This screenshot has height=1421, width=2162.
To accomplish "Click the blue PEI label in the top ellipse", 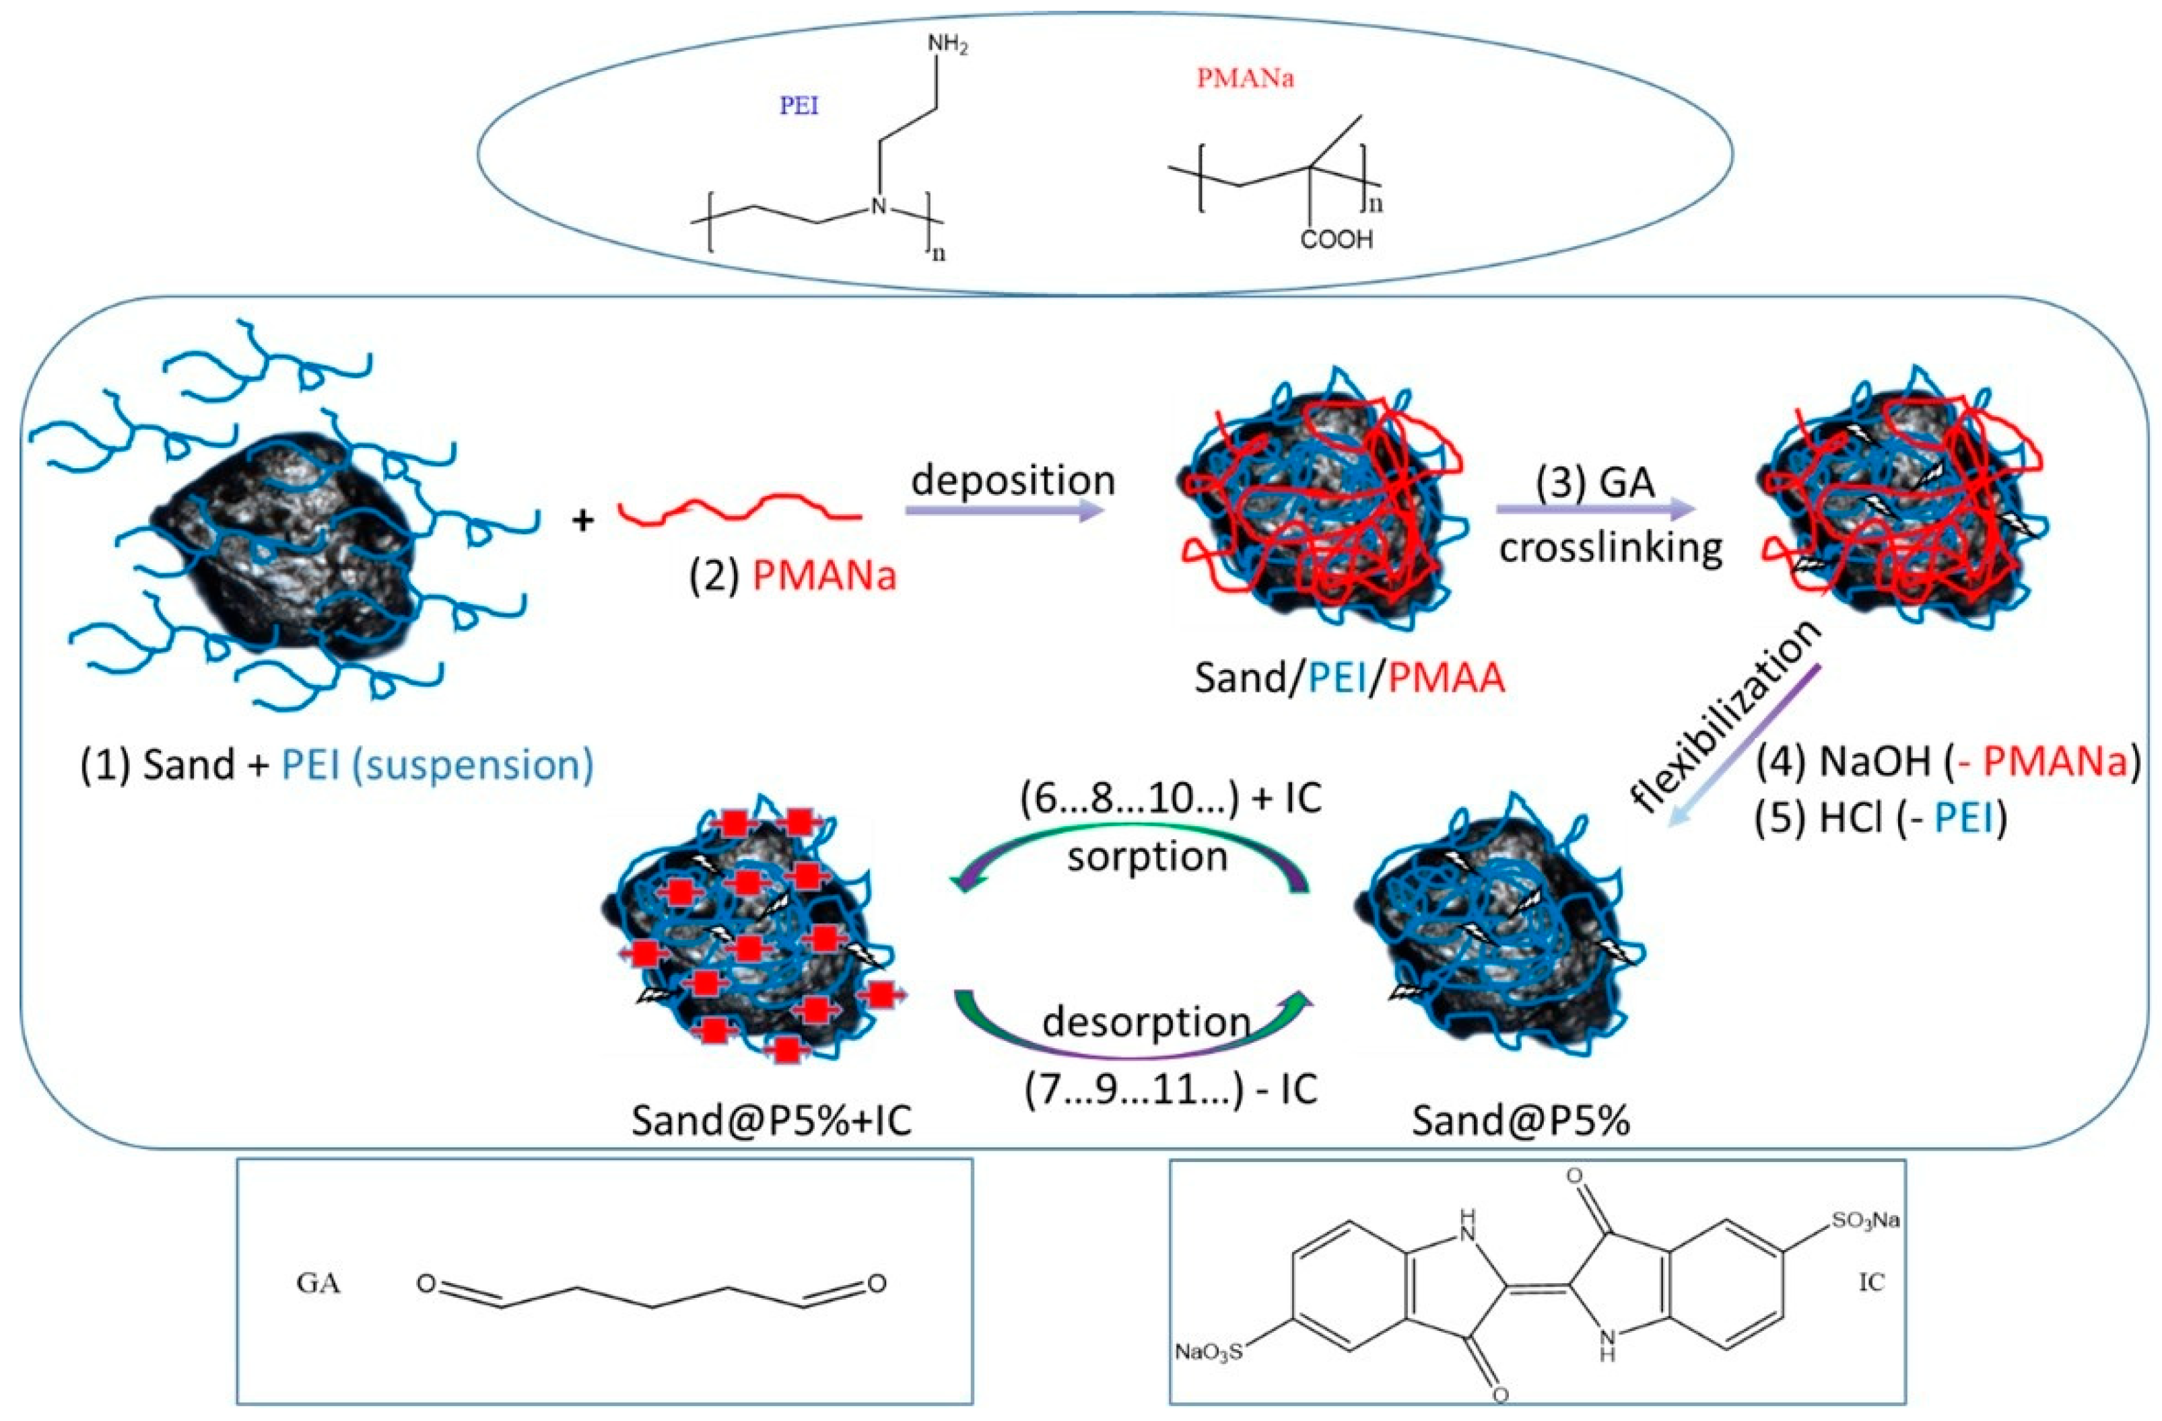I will [799, 106].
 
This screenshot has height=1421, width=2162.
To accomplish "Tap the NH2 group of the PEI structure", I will [947, 45].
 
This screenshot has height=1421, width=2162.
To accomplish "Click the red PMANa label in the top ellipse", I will [1246, 79].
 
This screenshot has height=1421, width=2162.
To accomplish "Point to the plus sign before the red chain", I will [583, 519].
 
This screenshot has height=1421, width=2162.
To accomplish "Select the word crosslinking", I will [1610, 548].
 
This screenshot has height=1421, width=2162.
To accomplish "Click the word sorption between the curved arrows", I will [1147, 857].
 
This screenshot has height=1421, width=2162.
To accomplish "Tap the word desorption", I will [1147, 1023].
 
